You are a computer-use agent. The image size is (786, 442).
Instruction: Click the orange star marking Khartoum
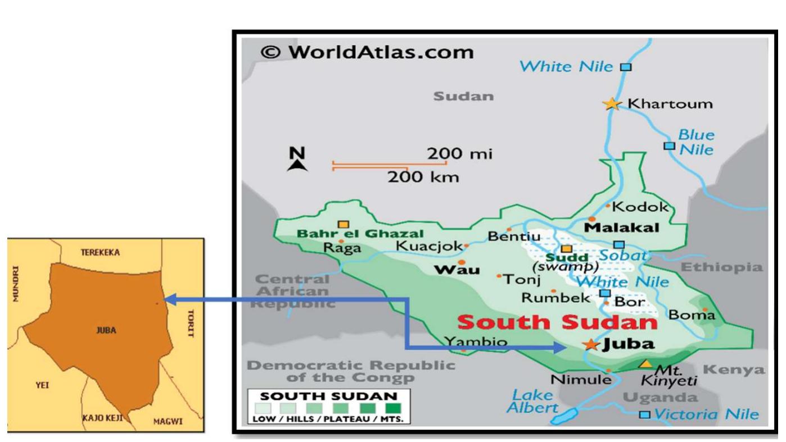click(x=611, y=104)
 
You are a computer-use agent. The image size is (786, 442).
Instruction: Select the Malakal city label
click(x=622, y=227)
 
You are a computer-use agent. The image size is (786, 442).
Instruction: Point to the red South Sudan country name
click(x=557, y=322)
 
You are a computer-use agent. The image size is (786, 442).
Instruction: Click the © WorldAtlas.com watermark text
click(x=367, y=52)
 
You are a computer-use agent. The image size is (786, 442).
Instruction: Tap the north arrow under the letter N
click(x=297, y=165)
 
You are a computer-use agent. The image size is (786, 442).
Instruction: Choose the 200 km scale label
click(x=423, y=177)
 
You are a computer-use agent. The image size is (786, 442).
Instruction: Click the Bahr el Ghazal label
click(x=360, y=234)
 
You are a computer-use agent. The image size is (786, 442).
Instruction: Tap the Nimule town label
click(x=581, y=380)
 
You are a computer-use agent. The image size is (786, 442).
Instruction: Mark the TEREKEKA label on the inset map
click(x=100, y=253)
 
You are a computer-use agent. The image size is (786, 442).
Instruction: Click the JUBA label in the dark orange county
click(x=106, y=330)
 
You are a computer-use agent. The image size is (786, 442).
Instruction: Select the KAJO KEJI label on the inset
click(x=102, y=418)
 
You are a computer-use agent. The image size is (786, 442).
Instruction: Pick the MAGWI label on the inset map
click(x=169, y=422)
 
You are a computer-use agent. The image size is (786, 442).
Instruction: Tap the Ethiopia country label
click(x=722, y=267)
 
